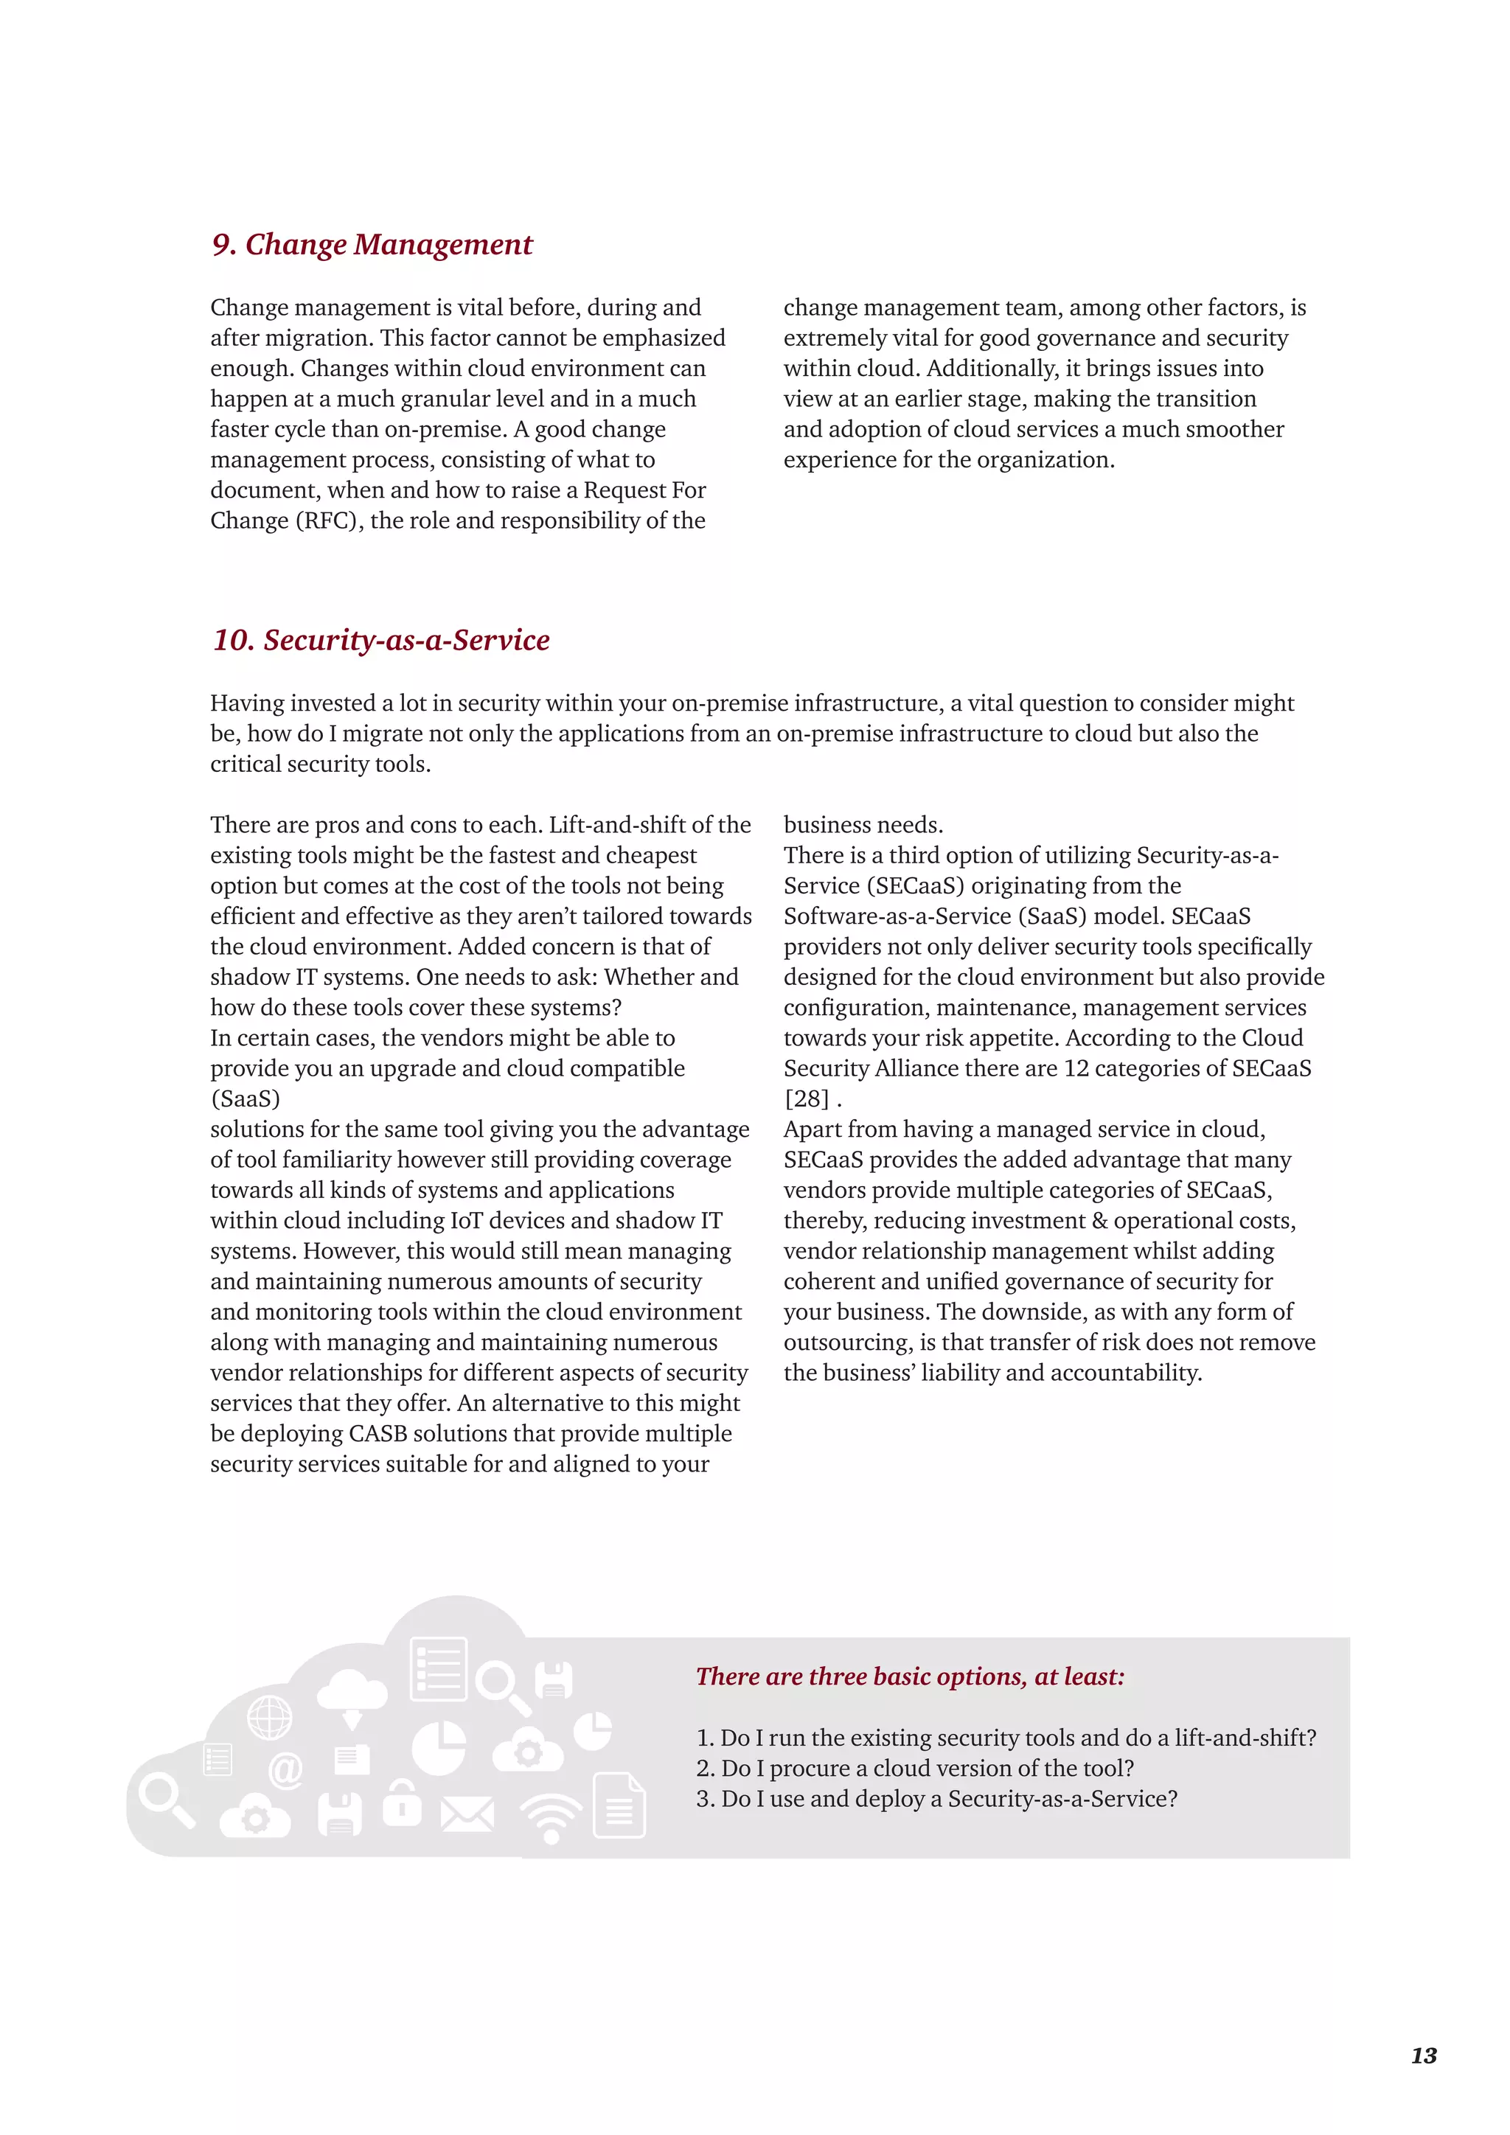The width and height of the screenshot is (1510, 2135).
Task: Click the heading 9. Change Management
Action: coord(372,245)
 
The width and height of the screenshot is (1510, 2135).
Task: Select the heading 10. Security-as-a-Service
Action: coord(381,641)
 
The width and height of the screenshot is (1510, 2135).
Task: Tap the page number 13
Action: coord(1424,2055)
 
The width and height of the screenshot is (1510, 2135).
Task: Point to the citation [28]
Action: coord(806,1099)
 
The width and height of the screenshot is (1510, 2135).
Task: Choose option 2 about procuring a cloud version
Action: coord(915,1768)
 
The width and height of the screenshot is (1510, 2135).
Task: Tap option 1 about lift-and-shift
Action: coord(1006,1737)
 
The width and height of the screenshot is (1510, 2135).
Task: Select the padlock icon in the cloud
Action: coord(403,1804)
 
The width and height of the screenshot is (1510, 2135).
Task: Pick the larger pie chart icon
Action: coord(438,1748)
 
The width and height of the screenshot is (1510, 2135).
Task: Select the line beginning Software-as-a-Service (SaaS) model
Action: coord(1017,916)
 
